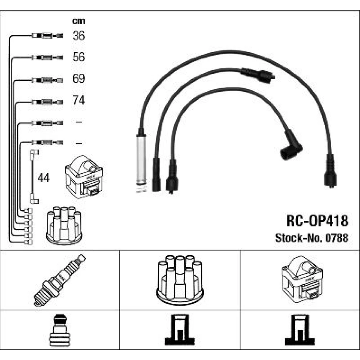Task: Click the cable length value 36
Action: tap(78, 36)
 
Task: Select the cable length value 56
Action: tap(78, 57)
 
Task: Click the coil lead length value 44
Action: tap(44, 178)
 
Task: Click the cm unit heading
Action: tap(78, 21)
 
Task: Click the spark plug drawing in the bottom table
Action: tap(60, 280)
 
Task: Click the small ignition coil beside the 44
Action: tap(83, 176)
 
